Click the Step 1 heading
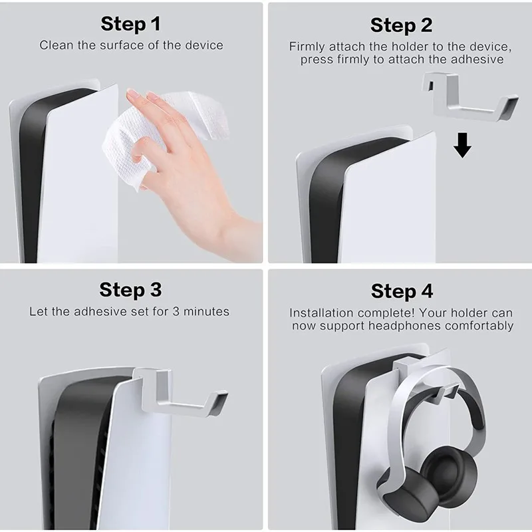click(131, 25)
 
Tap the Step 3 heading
click(131, 290)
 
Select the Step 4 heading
click(402, 291)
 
